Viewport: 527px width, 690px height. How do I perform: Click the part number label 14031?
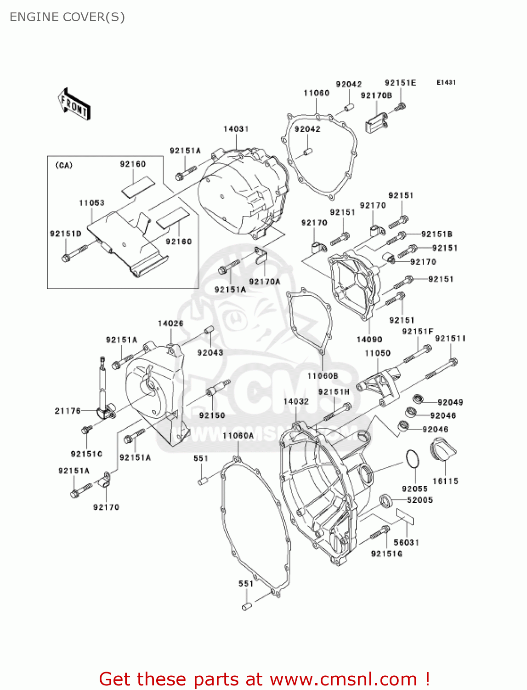click(236, 129)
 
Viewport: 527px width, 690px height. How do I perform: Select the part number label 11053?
click(91, 203)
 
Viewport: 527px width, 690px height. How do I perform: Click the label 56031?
click(406, 542)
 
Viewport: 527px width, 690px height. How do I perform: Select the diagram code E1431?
click(446, 82)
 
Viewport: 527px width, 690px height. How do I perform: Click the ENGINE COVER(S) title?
click(67, 17)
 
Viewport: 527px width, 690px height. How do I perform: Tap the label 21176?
click(68, 411)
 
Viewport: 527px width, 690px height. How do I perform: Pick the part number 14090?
click(369, 339)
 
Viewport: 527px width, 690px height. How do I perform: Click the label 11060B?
click(323, 376)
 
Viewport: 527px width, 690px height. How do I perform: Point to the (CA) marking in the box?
click(64, 166)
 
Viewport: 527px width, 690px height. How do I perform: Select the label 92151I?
click(450, 339)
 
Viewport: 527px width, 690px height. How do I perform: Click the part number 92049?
click(450, 402)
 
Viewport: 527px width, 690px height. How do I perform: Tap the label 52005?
click(419, 500)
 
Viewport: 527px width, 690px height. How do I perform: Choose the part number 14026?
click(170, 323)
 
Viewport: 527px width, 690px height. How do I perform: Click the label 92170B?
click(376, 96)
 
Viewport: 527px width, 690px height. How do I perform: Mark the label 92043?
click(210, 352)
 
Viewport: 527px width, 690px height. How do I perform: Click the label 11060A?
click(238, 436)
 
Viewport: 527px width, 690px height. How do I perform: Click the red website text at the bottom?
click(264, 679)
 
